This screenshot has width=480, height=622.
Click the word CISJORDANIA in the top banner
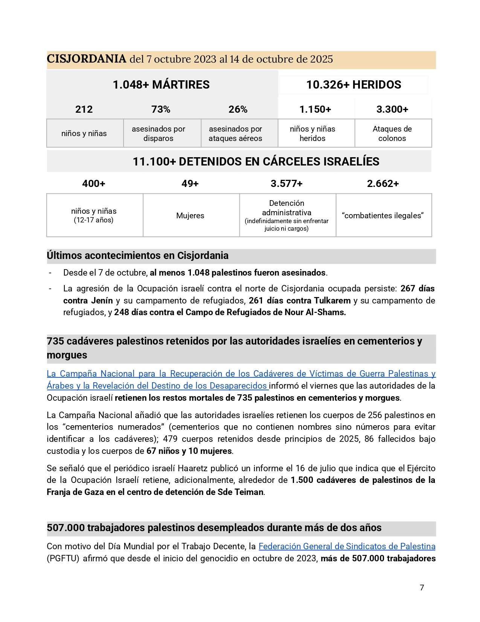[x=86, y=59]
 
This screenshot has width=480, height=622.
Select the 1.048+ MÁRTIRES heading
[x=161, y=84]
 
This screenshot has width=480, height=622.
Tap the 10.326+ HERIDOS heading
[x=354, y=84]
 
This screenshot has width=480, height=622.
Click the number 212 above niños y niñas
[x=84, y=109]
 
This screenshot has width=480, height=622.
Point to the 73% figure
[x=161, y=109]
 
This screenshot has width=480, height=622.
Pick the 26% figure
[x=238, y=109]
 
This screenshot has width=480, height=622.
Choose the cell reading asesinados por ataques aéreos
[x=235, y=133]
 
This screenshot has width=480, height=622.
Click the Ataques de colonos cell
[x=392, y=133]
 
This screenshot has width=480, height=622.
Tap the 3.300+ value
[x=392, y=109]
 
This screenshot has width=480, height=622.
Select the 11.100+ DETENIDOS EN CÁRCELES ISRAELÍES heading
[x=256, y=161]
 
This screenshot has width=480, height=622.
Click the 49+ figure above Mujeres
[x=190, y=184]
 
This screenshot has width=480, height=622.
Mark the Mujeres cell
[x=190, y=216]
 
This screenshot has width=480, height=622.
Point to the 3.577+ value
[x=286, y=184]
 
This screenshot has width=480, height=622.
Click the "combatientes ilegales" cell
[x=383, y=216]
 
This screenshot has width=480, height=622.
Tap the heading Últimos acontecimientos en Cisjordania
[x=137, y=256]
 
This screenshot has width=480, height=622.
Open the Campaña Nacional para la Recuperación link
[x=241, y=374]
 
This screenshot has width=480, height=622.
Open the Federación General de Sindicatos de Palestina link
[x=347, y=546]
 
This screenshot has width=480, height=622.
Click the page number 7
[x=422, y=587]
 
